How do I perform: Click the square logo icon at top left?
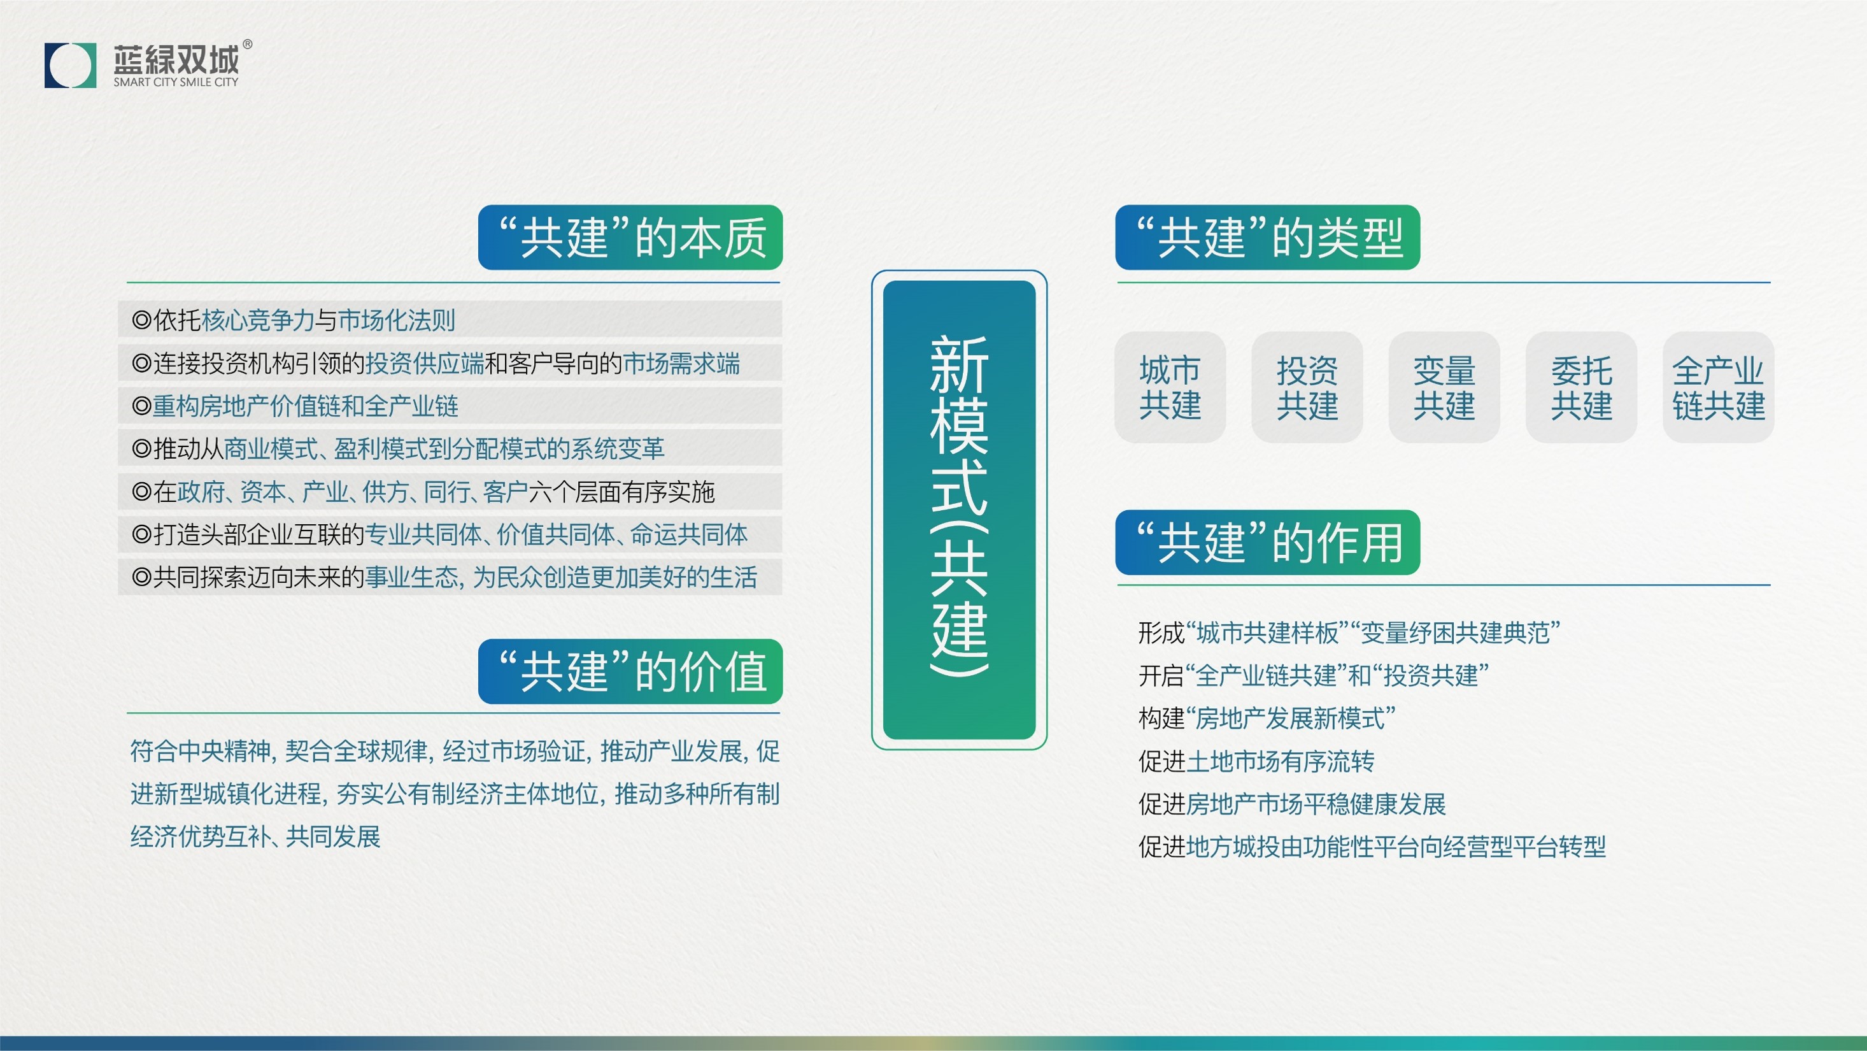point(70,65)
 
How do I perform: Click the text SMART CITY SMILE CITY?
point(175,83)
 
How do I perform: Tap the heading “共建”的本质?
point(630,238)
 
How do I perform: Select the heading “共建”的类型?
point(1267,238)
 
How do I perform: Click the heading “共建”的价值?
point(630,671)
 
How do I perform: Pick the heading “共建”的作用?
point(1267,542)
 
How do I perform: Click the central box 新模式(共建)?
point(959,509)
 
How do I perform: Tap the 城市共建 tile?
point(1170,387)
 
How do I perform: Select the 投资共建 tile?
point(1307,387)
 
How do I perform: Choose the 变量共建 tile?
point(1444,387)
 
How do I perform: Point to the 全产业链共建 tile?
point(1718,387)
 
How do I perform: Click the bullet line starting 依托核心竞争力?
point(294,320)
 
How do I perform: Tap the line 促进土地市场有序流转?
point(1256,761)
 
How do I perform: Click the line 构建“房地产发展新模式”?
point(1266,719)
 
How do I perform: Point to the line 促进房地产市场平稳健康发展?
point(1291,804)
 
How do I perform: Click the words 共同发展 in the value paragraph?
point(334,837)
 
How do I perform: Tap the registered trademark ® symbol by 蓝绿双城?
point(247,44)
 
